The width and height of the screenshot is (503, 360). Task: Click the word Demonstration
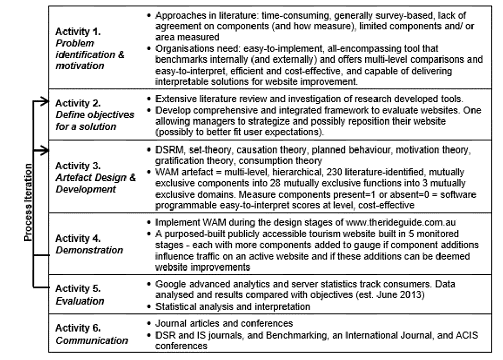[x=89, y=250]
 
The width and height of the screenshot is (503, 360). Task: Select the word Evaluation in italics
[x=80, y=301]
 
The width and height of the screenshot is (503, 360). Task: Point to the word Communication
[x=91, y=340]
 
